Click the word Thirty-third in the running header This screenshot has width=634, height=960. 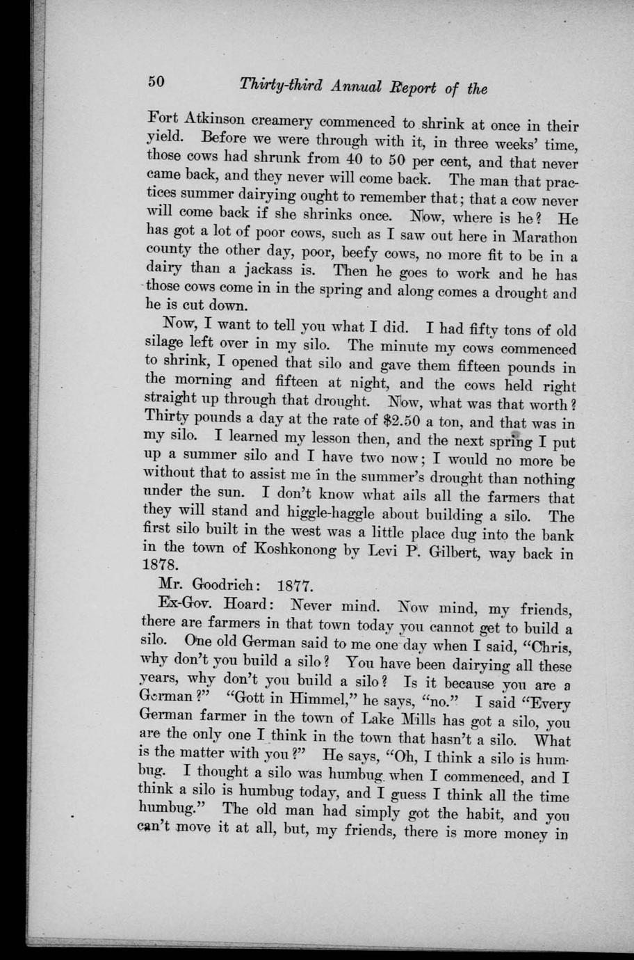click(282, 86)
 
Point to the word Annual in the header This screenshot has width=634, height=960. click(356, 87)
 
